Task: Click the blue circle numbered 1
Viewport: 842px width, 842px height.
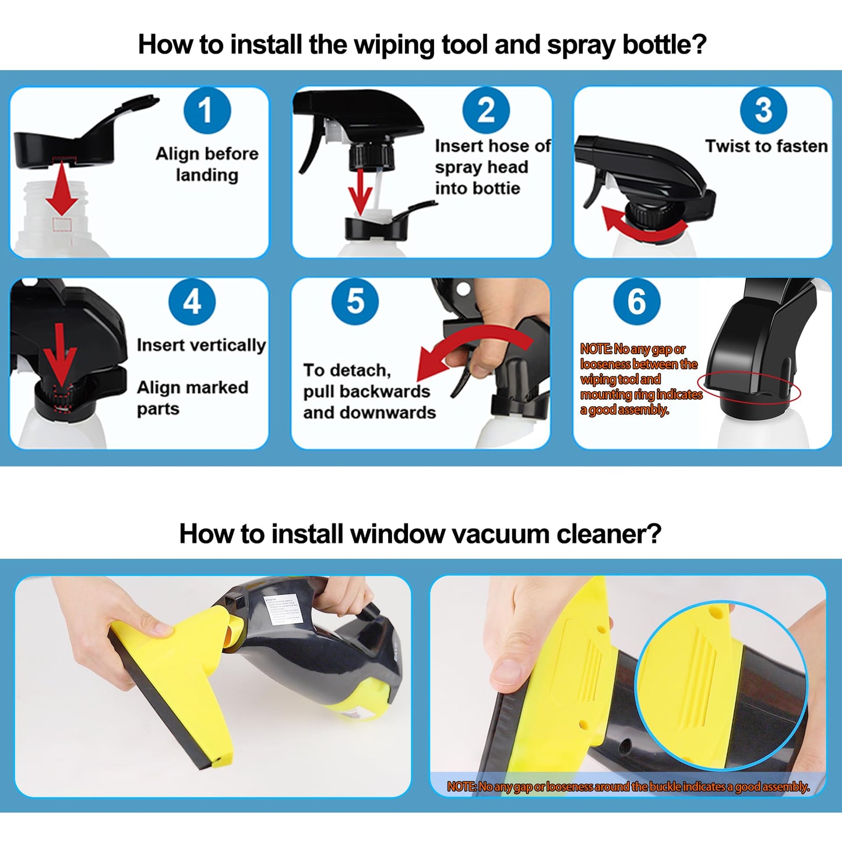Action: pos(207,110)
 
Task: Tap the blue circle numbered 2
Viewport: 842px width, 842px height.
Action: pos(486,110)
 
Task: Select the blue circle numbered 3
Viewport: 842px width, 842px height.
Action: pos(763,110)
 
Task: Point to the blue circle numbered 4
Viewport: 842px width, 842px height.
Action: pos(192,301)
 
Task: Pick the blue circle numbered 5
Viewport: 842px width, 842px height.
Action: pos(355,301)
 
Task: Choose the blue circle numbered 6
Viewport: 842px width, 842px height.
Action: pos(636,301)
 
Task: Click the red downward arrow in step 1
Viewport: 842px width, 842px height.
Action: pos(62,189)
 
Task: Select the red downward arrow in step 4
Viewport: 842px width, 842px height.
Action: pos(61,355)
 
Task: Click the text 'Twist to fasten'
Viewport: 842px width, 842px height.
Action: pos(766,146)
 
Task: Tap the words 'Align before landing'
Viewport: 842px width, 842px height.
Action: pos(207,164)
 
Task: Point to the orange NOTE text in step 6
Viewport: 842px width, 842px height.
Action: pos(640,379)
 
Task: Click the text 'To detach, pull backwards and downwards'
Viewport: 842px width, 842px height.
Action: pos(369,392)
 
